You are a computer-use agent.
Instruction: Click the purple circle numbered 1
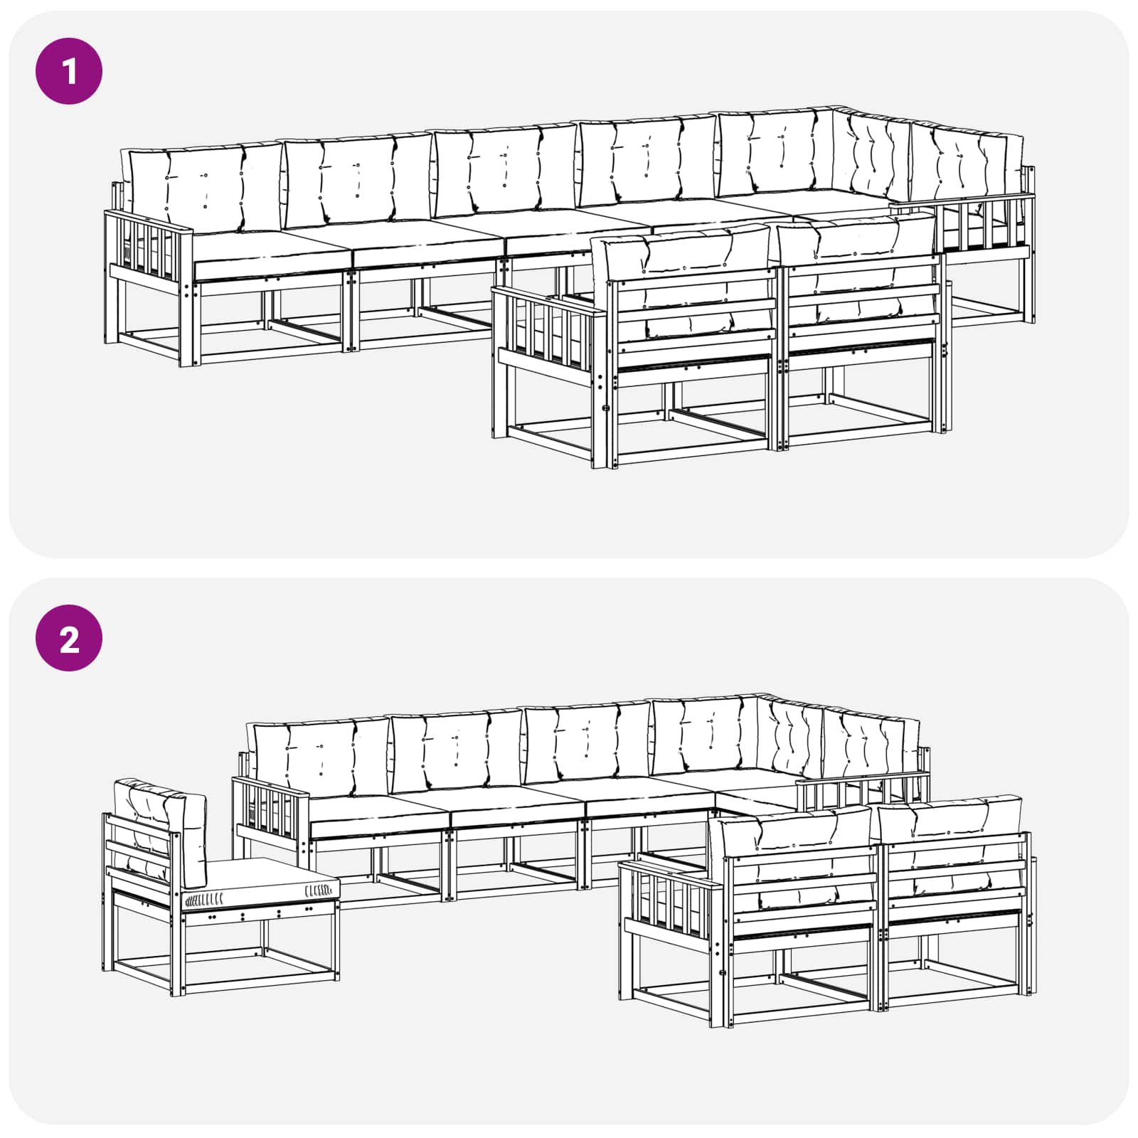[x=69, y=72]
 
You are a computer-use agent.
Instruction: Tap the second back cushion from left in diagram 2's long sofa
[x=457, y=750]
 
